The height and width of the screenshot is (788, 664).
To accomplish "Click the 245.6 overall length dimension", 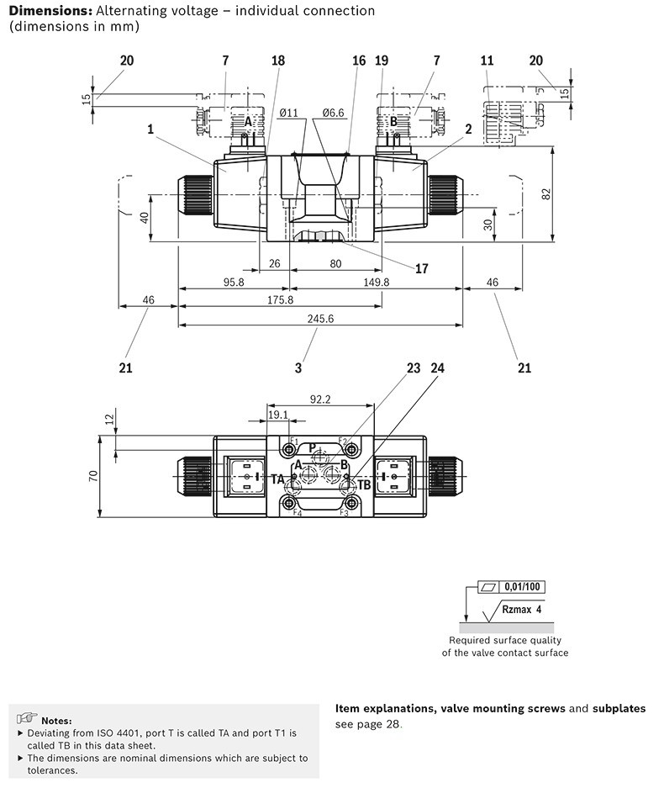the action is click(320, 319).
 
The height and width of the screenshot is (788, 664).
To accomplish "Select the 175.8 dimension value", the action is click(280, 300).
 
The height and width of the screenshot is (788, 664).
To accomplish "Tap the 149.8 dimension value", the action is click(377, 282).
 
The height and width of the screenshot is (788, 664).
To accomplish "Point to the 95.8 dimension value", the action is click(234, 282).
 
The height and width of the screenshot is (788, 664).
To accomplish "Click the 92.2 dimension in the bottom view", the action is click(320, 399).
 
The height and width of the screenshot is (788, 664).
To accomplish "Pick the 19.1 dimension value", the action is click(277, 415).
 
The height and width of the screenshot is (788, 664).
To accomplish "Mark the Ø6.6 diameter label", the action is click(333, 113).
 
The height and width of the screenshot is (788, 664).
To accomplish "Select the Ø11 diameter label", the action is click(289, 113).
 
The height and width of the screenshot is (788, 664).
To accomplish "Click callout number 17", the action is click(421, 268).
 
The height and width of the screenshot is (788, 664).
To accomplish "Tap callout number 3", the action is click(298, 368).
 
